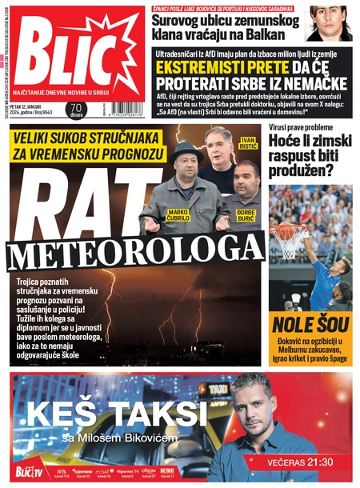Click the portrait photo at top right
click(x=330, y=22)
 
